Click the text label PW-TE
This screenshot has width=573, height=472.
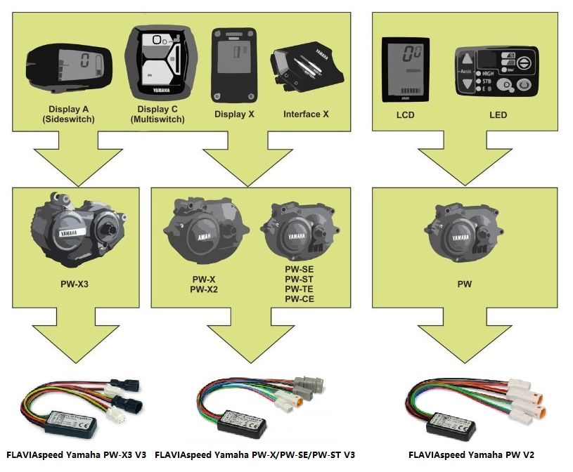point(299,291)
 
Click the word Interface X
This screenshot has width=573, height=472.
point(306,114)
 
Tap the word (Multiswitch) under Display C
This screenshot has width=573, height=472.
point(157,119)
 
